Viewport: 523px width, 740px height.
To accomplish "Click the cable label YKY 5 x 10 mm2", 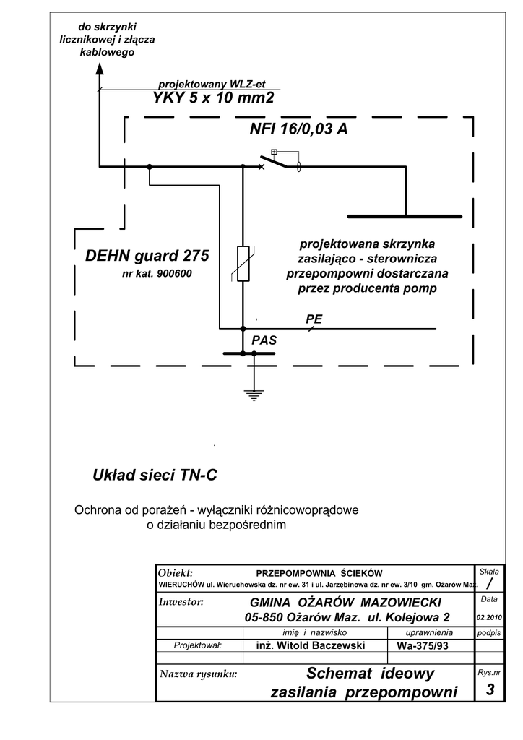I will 214,98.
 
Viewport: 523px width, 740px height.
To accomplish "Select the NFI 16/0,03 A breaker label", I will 298,129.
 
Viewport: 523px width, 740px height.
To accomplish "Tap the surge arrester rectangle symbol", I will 243,263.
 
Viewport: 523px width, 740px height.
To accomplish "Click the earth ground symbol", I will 253,393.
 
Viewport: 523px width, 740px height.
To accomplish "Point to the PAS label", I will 264,340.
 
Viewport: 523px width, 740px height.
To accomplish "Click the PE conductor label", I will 314,319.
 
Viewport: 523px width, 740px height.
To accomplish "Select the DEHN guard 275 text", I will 147,256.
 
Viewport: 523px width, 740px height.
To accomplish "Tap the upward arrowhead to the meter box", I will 99,70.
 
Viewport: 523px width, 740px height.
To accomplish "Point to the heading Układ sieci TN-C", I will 155,476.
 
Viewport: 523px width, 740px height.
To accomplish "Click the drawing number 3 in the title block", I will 490,690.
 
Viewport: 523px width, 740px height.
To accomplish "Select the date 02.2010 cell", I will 489,618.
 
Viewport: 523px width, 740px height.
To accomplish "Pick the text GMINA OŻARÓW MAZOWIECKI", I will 345,603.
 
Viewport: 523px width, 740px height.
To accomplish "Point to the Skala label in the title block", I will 489,572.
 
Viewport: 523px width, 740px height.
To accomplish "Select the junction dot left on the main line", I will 150,167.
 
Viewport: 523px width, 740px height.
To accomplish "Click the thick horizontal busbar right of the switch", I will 405,216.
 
